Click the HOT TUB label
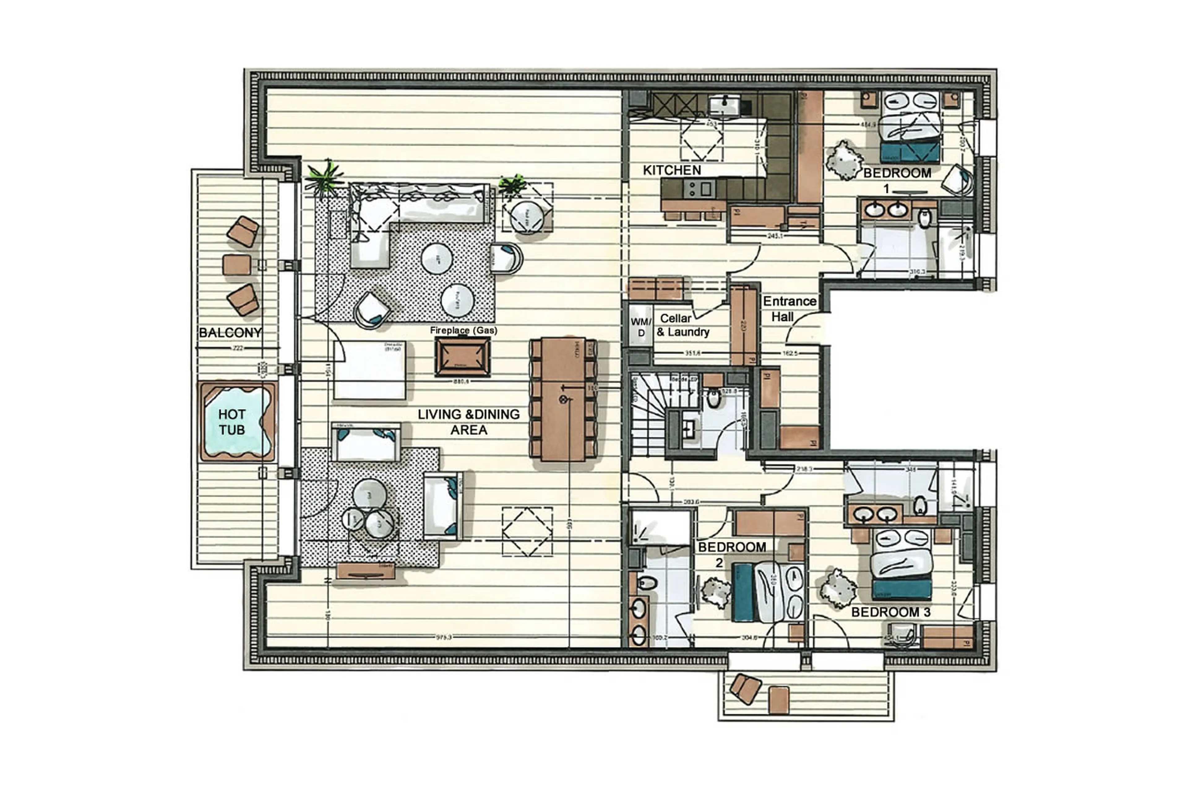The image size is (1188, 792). (x=232, y=422)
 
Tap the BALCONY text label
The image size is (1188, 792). (x=230, y=332)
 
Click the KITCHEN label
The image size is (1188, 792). (x=672, y=170)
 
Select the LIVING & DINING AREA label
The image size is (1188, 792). (x=468, y=422)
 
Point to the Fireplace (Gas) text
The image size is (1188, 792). (x=463, y=330)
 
